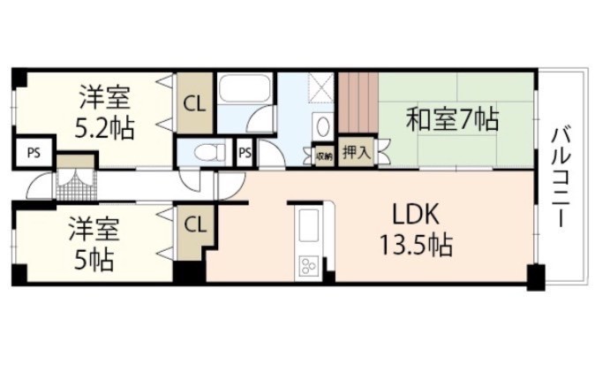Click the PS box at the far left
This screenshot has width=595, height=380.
[x=34, y=152]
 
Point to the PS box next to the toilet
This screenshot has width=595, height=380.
[x=245, y=152]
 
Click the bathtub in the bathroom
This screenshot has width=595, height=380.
[x=246, y=90]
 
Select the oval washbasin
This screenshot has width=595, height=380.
[x=324, y=125]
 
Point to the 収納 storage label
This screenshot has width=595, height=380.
[x=324, y=156]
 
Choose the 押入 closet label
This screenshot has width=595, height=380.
[x=356, y=152]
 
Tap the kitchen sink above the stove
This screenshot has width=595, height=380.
[x=310, y=225]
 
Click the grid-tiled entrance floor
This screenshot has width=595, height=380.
[x=75, y=180]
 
